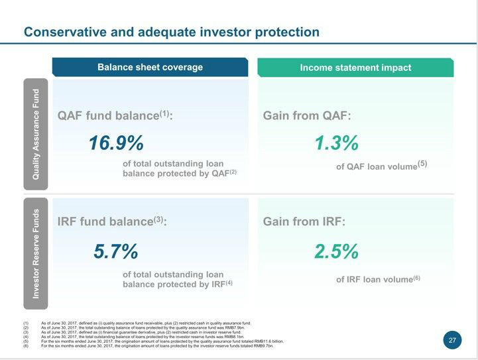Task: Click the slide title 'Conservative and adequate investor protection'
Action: point(171,32)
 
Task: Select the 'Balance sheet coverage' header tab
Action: point(150,67)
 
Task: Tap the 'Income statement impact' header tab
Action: point(355,68)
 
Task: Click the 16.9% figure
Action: point(116,143)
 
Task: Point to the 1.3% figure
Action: point(336,143)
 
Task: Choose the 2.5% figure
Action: point(336,252)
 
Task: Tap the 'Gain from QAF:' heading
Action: point(307,115)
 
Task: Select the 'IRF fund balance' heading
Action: point(112,221)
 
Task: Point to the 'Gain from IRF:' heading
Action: point(304,221)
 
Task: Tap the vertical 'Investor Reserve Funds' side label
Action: point(36,253)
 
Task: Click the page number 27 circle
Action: point(452,340)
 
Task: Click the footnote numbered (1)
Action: point(146,322)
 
